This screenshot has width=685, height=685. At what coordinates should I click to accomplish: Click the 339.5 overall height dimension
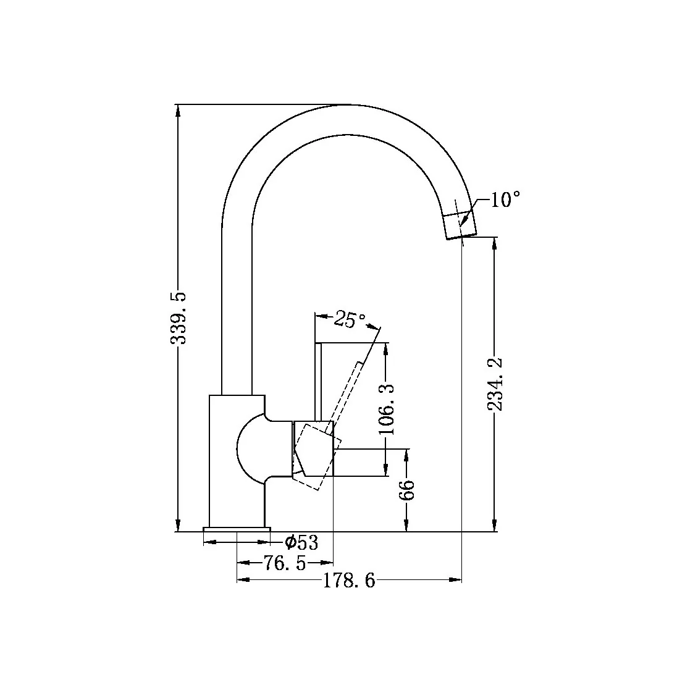pyautogui.click(x=178, y=318)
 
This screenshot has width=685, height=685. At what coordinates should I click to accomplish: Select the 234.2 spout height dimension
pyautogui.click(x=494, y=384)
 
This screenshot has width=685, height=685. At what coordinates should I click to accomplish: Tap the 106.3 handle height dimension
pyautogui.click(x=387, y=408)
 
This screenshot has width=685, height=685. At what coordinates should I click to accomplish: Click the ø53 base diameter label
pyautogui.click(x=301, y=543)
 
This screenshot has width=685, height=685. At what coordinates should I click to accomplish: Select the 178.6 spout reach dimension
pyautogui.click(x=349, y=581)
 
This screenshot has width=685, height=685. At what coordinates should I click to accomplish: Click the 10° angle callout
pyautogui.click(x=505, y=200)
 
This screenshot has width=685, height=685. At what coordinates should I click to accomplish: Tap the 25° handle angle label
pyautogui.click(x=350, y=319)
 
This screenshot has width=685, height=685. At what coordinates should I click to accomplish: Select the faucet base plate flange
pyautogui.click(x=237, y=529)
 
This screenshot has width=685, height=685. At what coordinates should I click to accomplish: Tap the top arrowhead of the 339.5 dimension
pyautogui.click(x=178, y=111)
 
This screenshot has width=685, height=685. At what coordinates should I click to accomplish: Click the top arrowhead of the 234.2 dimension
pyautogui.click(x=494, y=243)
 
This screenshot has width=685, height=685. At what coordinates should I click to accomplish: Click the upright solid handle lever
pyautogui.click(x=319, y=383)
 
